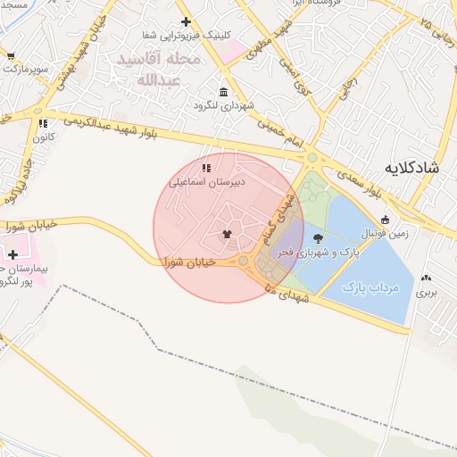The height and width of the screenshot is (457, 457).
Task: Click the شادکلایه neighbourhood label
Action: pos(413,168)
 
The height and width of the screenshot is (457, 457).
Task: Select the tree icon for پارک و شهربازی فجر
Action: pos(319,237)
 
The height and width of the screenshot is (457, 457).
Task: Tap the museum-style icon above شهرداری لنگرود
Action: pos(223,92)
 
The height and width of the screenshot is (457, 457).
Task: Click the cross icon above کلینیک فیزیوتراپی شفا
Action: pos(186,21)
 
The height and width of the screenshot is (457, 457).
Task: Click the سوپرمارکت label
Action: pos(25,68)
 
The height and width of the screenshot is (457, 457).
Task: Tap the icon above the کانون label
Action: pos(42,124)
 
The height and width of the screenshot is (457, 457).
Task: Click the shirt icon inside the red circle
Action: pos(227,235)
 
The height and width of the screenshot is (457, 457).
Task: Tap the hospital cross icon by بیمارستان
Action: pos(12,254)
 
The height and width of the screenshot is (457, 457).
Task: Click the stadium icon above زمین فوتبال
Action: pos(385,220)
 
